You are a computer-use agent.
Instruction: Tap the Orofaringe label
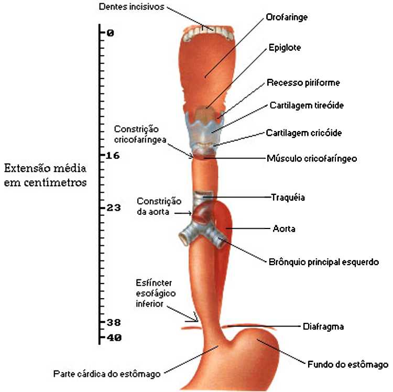pos(287,17)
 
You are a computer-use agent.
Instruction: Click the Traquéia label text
pos(288,198)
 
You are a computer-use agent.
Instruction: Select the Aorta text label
pos(284,229)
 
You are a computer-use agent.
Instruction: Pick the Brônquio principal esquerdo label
pos(323,262)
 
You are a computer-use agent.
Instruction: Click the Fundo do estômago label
pos(347,364)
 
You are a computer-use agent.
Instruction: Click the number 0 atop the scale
pos(110,33)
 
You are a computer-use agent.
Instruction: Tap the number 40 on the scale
pos(113,338)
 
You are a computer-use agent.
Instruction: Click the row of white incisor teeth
pos(208,32)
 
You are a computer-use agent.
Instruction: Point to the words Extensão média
pos(45,169)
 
